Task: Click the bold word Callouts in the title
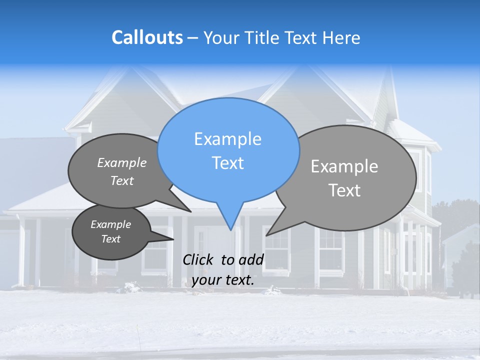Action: tap(147, 37)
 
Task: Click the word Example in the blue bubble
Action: tap(227, 139)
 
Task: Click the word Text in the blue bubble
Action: tap(228, 163)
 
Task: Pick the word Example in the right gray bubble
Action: tap(344, 166)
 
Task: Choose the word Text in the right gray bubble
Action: tap(344, 190)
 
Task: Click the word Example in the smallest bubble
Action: tap(110, 224)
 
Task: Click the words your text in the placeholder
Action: tap(223, 280)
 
